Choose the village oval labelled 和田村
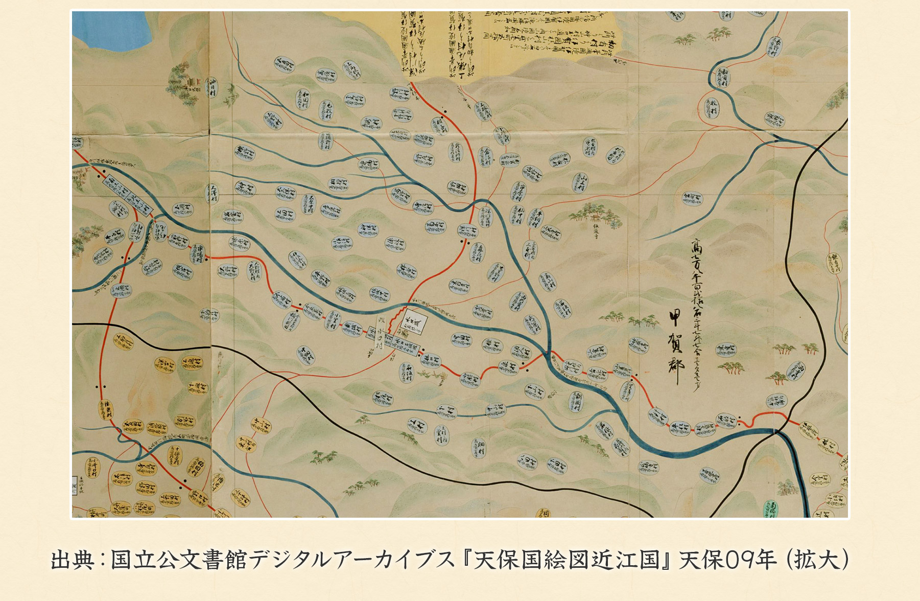302,100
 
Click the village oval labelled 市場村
200,251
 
